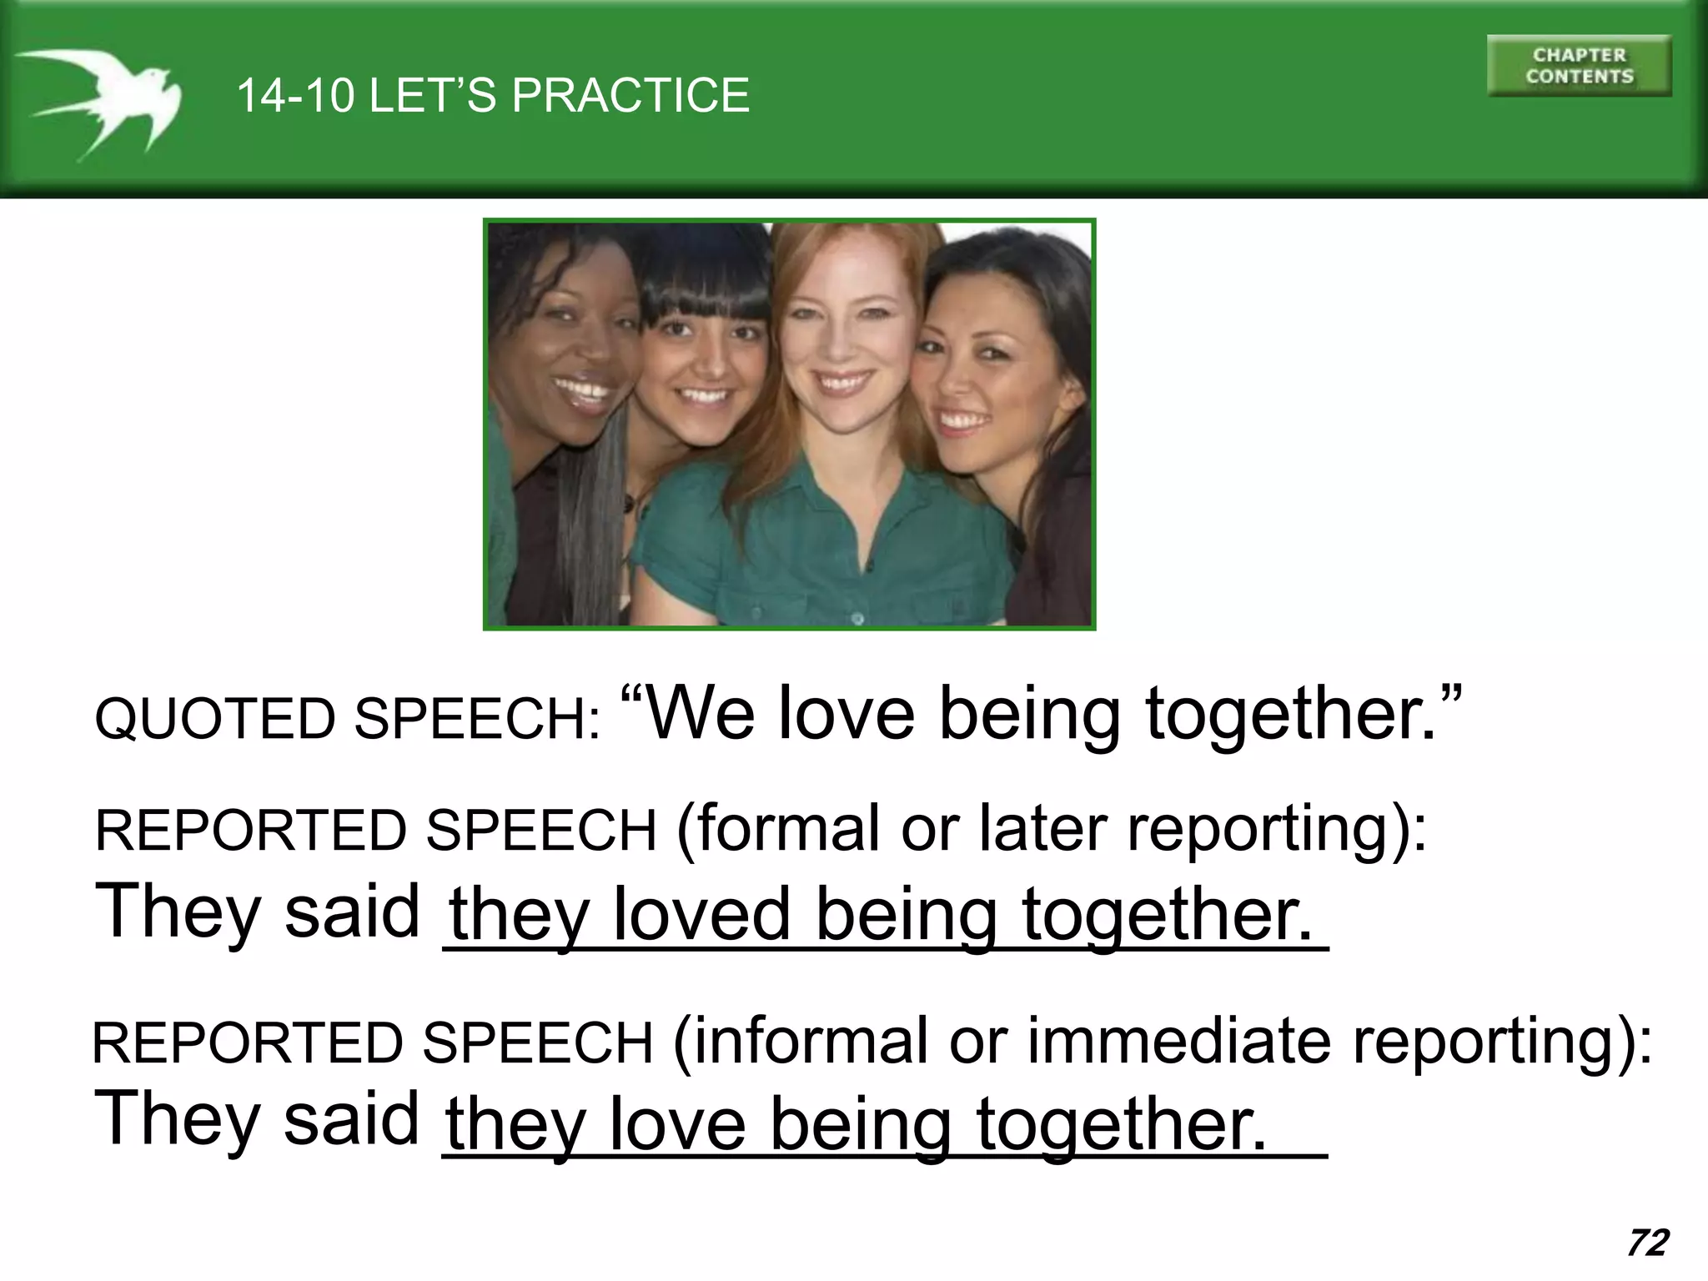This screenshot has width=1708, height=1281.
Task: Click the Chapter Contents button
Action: tap(1579, 66)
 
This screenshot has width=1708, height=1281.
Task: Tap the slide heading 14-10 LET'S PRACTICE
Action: tap(493, 95)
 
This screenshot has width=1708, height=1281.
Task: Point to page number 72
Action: tap(1647, 1243)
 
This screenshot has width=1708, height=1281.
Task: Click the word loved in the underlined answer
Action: tap(701, 914)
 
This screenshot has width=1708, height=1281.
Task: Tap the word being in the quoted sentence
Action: tap(1029, 714)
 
